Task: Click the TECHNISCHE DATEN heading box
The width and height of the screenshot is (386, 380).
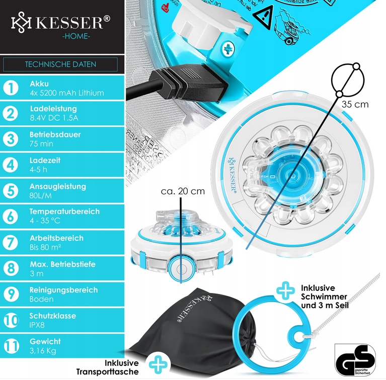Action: (x=60, y=64)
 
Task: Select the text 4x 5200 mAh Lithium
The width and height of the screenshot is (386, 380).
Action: (x=66, y=93)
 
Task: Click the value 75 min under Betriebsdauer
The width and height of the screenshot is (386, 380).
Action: (x=41, y=144)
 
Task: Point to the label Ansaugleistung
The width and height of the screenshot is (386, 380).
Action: (x=58, y=187)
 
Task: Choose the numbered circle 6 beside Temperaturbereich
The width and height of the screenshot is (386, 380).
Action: (x=11, y=216)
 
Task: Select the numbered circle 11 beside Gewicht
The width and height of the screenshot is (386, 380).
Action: (x=11, y=346)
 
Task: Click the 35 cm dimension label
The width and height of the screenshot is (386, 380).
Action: (x=355, y=105)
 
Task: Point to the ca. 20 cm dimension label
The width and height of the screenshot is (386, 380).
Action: (x=183, y=191)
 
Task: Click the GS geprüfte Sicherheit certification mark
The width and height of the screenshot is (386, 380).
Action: (x=355, y=357)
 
